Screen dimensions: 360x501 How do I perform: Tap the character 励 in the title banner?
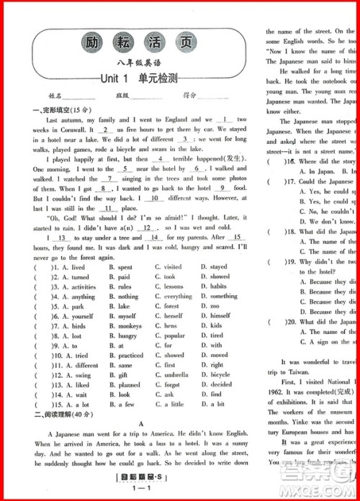pyautogui.click(x=91, y=41)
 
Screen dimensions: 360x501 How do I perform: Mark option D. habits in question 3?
pyautogui.click(x=218, y=286)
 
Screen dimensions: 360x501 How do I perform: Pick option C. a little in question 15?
pyautogui.click(x=172, y=405)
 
